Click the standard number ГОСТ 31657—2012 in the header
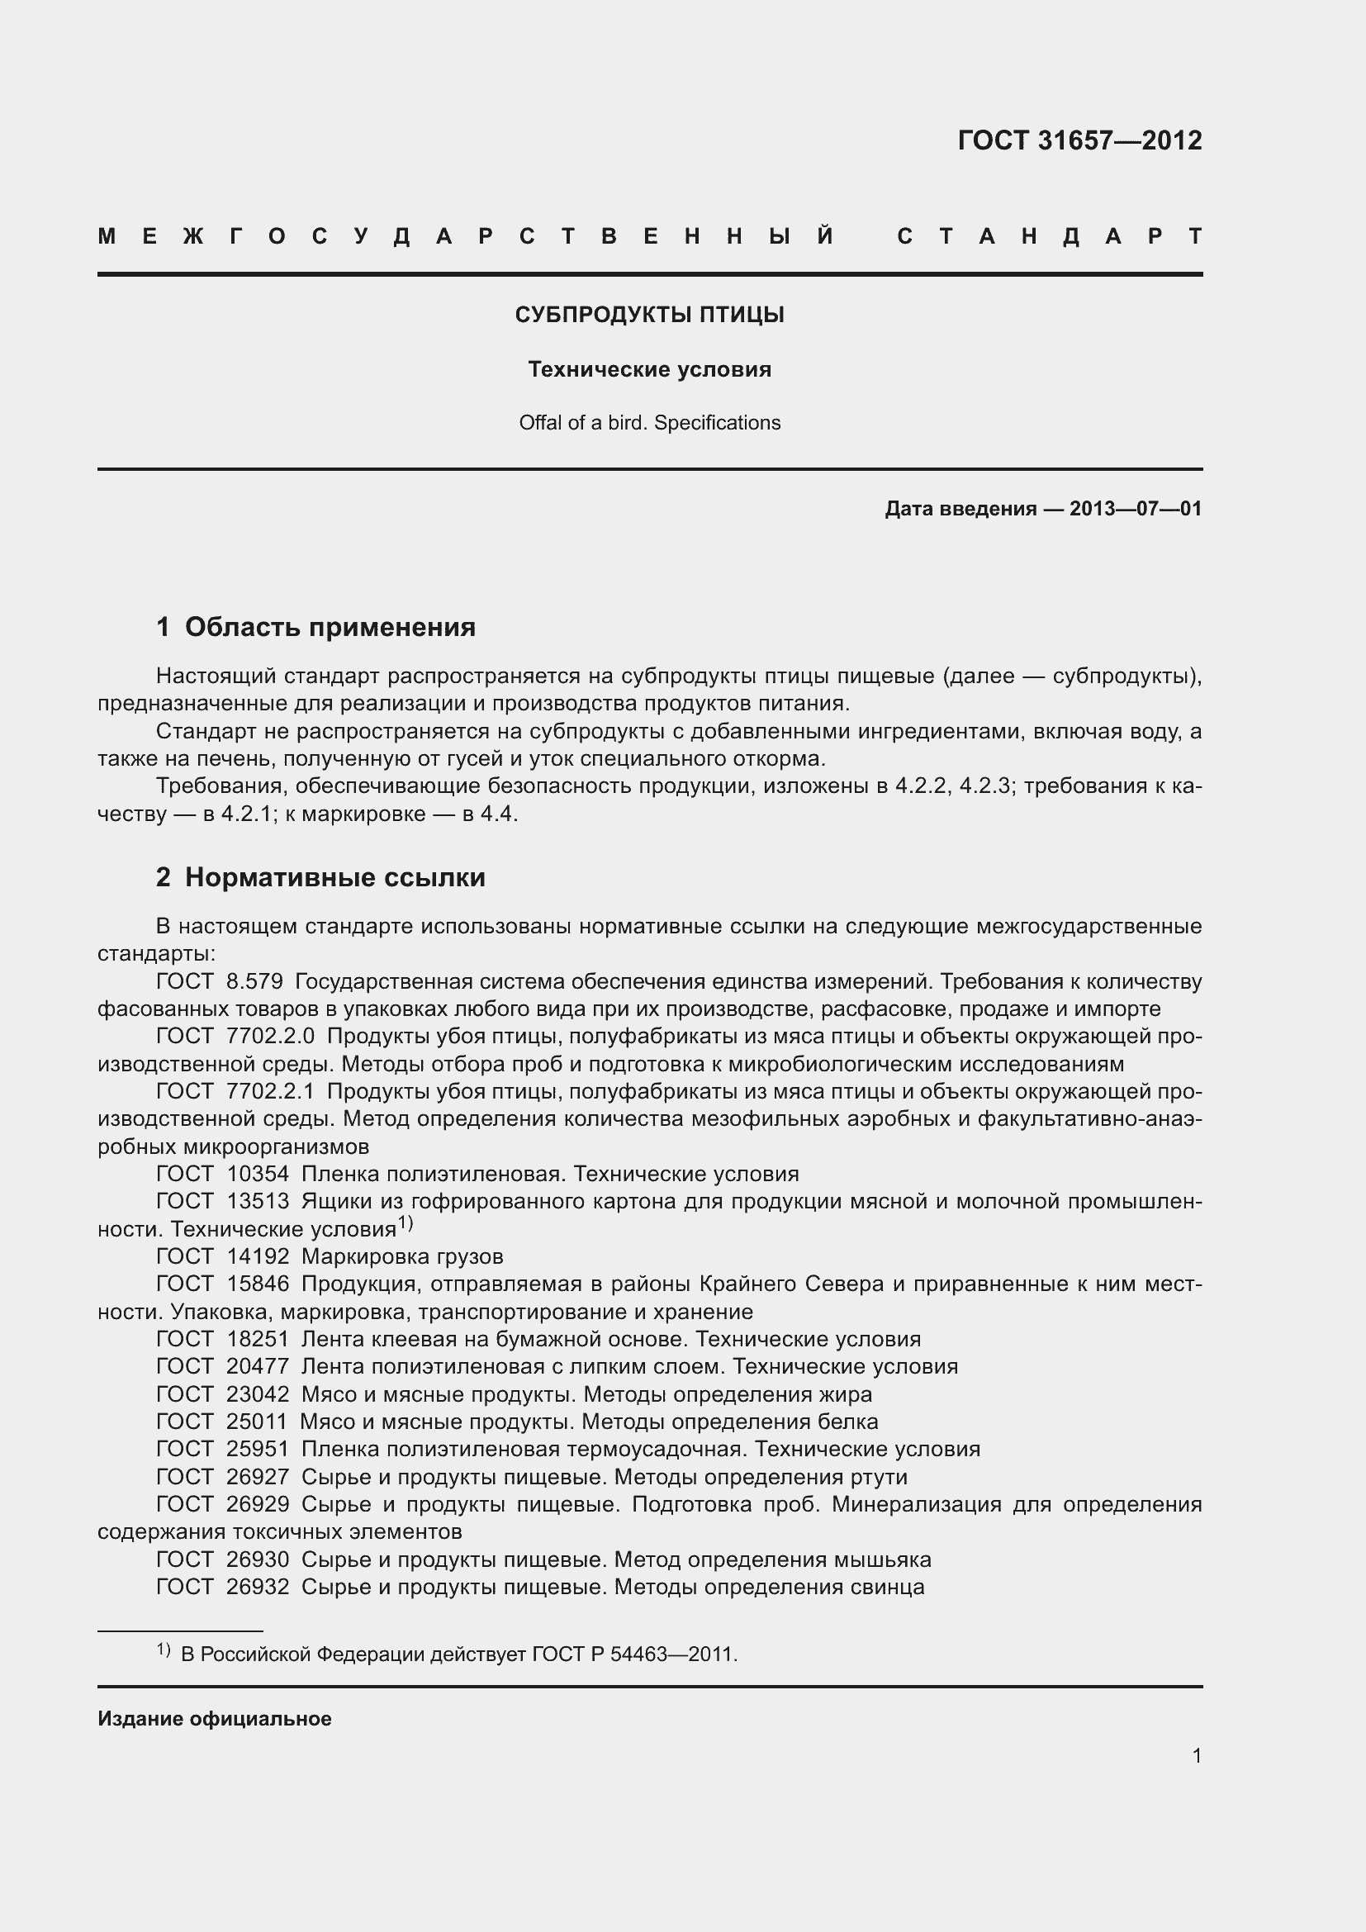(1079, 140)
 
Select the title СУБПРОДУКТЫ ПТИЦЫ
(649, 315)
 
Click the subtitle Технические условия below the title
(649, 369)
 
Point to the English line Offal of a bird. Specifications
(649, 422)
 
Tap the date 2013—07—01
(1135, 508)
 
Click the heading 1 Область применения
(316, 626)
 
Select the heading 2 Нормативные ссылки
(320, 877)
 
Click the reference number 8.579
(254, 981)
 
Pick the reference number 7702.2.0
(270, 1036)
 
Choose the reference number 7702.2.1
(270, 1091)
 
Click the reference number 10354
(258, 1173)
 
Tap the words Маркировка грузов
(402, 1256)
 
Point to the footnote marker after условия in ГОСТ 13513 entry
(406, 1222)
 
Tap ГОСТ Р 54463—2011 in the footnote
(633, 1654)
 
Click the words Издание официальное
(215, 1718)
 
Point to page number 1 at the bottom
(1196, 1755)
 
